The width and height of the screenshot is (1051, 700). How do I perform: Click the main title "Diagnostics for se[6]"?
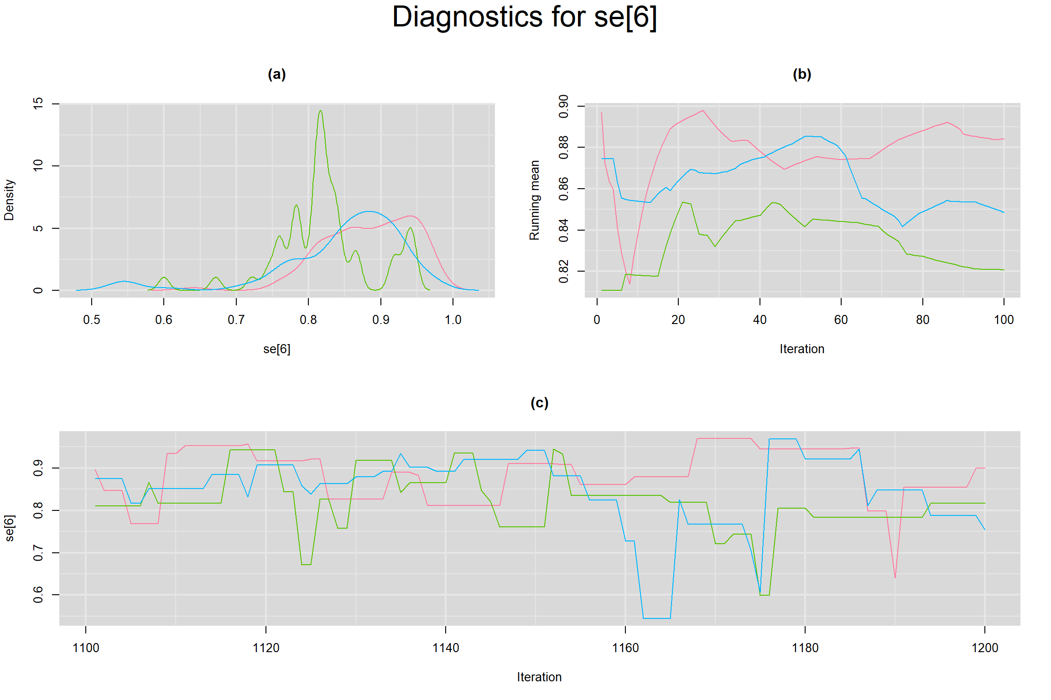coord(525,17)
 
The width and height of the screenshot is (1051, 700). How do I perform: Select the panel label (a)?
coord(276,74)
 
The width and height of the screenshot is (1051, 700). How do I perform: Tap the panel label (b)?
coord(801,74)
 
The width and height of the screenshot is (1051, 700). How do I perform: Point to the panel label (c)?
coord(539,402)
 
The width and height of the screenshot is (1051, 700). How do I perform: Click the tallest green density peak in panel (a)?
coord(321,111)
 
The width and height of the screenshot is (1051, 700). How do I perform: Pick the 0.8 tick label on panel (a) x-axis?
coord(308,320)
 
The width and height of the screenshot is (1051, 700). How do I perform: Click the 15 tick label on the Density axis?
coord(38,103)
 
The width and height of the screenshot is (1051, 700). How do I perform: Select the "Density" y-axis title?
coord(9,200)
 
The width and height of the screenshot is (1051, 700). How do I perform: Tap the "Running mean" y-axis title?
coord(534,200)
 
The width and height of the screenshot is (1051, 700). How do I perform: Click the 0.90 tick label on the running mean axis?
coord(564,106)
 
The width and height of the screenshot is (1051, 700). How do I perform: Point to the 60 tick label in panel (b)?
coord(841,320)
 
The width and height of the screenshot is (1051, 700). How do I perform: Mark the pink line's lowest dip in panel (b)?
coord(630,283)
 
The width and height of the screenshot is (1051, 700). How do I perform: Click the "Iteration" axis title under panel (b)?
coord(801,349)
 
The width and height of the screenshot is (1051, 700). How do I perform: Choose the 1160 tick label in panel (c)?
coord(625,648)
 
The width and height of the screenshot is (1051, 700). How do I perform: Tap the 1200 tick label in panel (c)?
coord(985,648)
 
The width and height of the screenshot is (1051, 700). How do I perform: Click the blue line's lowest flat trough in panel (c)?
coord(657,618)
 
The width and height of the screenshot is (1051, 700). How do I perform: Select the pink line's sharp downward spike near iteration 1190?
coord(895,577)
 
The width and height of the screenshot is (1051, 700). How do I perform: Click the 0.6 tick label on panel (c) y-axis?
coord(38,595)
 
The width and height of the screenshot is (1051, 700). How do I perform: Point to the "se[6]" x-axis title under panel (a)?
coord(276,349)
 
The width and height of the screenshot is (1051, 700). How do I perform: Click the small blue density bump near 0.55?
coord(124,281)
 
